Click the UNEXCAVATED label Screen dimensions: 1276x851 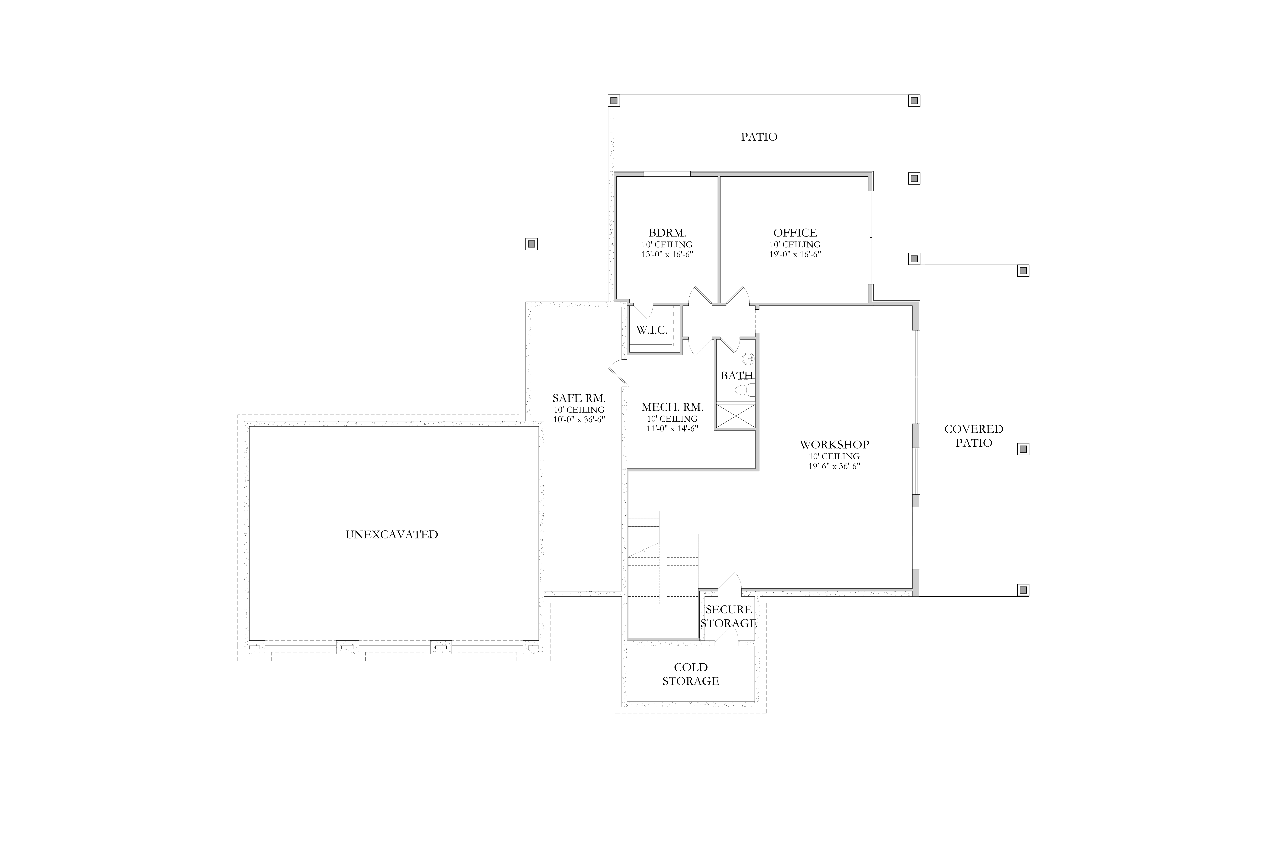pos(392,535)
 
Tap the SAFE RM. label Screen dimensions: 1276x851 pos(579,398)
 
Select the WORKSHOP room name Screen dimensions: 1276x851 pos(834,444)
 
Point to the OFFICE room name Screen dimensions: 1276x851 pos(795,233)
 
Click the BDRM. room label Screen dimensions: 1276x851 pos(667,233)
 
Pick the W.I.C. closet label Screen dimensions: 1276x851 pos(652,330)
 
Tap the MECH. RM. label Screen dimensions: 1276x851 pos(672,407)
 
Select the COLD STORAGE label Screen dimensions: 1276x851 pos(691,674)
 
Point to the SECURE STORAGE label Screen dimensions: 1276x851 pos(729,617)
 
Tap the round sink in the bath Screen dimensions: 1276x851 pos(748,358)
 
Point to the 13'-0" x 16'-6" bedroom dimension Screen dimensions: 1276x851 pos(667,254)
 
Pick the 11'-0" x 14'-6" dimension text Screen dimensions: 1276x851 pos(672,428)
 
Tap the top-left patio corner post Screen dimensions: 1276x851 pos(614,100)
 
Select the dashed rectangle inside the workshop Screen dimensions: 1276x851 pos(880,538)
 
